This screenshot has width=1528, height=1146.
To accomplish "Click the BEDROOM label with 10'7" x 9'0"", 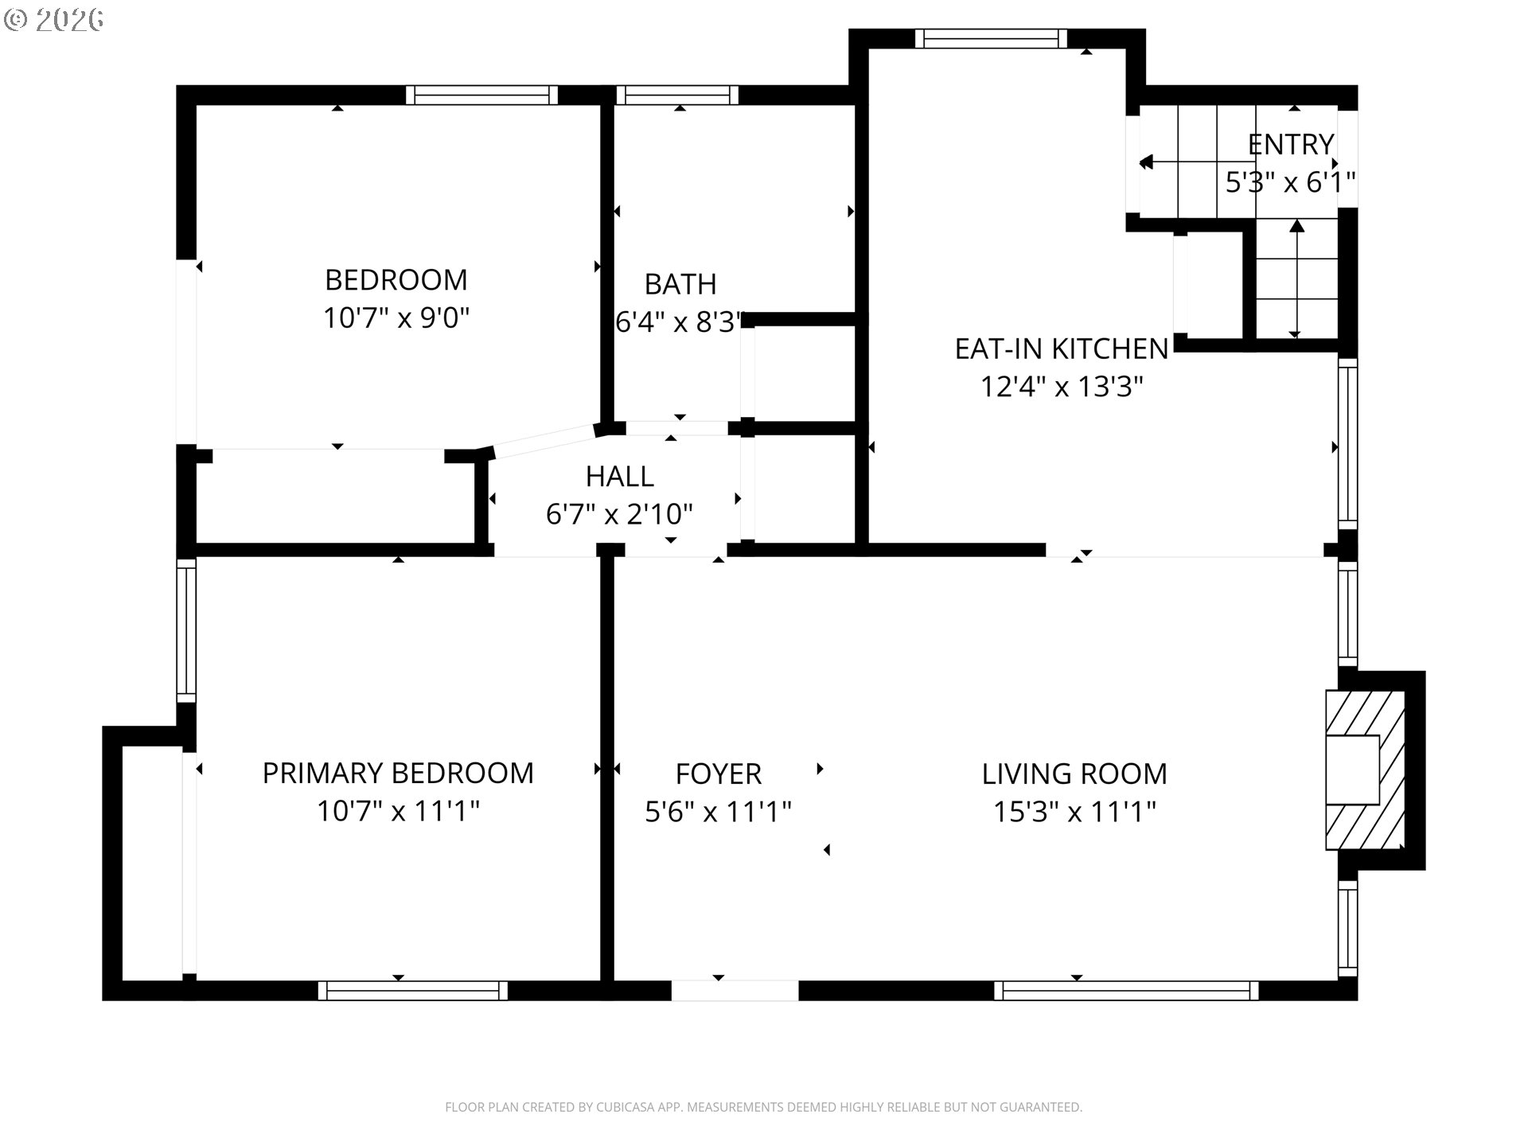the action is [x=396, y=280].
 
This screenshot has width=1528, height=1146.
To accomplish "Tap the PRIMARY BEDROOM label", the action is [x=398, y=774].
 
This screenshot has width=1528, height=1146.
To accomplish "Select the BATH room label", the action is [x=680, y=284].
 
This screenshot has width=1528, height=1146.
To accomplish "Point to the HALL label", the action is [x=620, y=477].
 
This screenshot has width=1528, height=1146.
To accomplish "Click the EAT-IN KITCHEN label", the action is [x=1062, y=349].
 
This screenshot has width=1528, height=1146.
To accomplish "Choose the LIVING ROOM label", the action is [x=1074, y=774].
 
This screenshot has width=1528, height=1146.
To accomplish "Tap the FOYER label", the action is [x=719, y=774].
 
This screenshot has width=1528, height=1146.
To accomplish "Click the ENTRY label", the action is [x=1291, y=145].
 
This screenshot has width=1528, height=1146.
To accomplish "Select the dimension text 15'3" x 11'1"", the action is [x=1074, y=812].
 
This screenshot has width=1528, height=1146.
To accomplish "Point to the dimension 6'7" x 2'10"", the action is [x=619, y=514].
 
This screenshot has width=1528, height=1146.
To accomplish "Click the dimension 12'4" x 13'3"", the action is [x=1062, y=387].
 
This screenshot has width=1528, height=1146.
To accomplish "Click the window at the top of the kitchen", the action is [x=991, y=38].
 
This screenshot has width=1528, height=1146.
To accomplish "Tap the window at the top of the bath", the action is [x=678, y=95].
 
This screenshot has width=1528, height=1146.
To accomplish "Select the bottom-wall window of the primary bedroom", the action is [x=413, y=990].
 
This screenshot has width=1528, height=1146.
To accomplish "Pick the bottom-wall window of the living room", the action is [x=1126, y=990].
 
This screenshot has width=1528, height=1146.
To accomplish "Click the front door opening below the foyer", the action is [x=735, y=990].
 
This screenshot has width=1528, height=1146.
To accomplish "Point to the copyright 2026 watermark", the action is [x=54, y=20].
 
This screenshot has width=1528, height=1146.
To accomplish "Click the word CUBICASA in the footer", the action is [x=633, y=1107].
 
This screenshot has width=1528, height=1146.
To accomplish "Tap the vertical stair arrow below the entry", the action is [x=1297, y=279].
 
